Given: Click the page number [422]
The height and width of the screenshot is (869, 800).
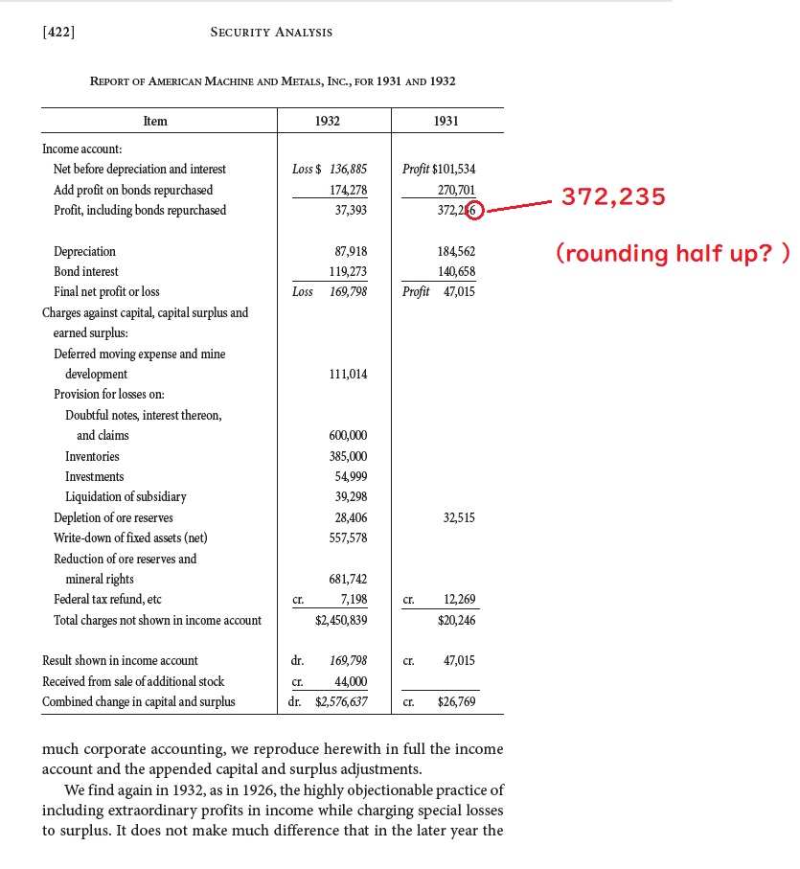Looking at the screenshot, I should click(x=59, y=33).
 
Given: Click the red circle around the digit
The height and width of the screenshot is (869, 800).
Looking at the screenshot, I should click(x=475, y=211).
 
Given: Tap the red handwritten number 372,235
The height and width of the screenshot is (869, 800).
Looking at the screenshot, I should click(x=613, y=197).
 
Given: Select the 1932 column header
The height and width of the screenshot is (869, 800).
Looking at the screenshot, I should click(x=327, y=121).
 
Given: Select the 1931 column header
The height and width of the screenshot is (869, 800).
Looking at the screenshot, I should click(x=446, y=121).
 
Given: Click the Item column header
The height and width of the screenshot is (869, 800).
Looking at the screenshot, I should click(x=155, y=121).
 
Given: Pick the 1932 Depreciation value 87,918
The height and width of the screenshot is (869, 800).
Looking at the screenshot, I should click(x=348, y=252).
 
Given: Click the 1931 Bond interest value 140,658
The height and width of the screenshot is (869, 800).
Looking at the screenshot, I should click(x=456, y=272).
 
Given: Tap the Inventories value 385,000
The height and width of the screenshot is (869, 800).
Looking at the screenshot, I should click(x=348, y=457).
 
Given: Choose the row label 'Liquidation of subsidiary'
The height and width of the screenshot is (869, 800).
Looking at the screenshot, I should click(x=126, y=497).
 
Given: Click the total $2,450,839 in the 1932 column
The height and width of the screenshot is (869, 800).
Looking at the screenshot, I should click(x=341, y=621).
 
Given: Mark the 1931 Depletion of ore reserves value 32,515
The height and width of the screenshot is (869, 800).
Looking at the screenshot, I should click(x=459, y=518).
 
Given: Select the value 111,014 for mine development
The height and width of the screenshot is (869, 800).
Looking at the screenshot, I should click(x=348, y=375).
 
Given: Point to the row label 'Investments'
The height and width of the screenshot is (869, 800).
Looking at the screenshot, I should click(x=94, y=477).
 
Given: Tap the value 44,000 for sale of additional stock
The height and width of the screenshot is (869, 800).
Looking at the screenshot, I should click(x=350, y=682).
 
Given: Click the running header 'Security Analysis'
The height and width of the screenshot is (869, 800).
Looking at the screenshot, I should click(x=271, y=33).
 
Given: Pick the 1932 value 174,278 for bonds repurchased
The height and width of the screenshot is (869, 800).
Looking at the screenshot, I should click(x=348, y=191).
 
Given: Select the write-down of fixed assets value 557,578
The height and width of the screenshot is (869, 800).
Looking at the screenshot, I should click(x=348, y=538).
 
